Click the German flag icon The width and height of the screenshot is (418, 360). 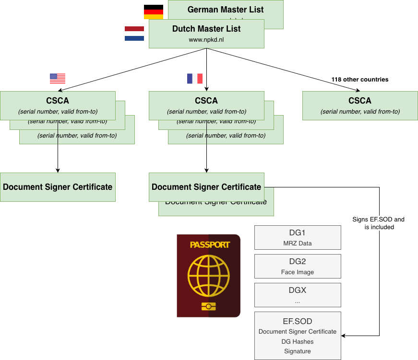154,12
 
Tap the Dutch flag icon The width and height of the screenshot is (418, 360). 134,34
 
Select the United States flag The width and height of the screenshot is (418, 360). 58,79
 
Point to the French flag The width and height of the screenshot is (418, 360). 194,79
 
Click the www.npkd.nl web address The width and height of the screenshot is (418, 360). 206,40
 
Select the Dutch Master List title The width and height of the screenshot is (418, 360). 206,29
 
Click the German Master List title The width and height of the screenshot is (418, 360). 226,10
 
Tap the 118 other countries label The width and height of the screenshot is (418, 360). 360,80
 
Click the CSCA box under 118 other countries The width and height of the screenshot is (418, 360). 360,105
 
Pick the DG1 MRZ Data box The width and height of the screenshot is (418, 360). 298,237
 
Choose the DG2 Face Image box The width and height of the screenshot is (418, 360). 298,266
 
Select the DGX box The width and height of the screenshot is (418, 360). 298,295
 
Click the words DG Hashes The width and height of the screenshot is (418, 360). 298,341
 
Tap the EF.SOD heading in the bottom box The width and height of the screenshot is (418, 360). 298,321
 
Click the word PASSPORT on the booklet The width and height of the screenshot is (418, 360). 210,245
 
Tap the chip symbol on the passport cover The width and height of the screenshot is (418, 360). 208,307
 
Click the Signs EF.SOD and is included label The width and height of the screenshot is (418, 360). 379,223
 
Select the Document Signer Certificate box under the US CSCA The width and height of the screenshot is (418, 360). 58,187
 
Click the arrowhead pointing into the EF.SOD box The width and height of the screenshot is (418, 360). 344,336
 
